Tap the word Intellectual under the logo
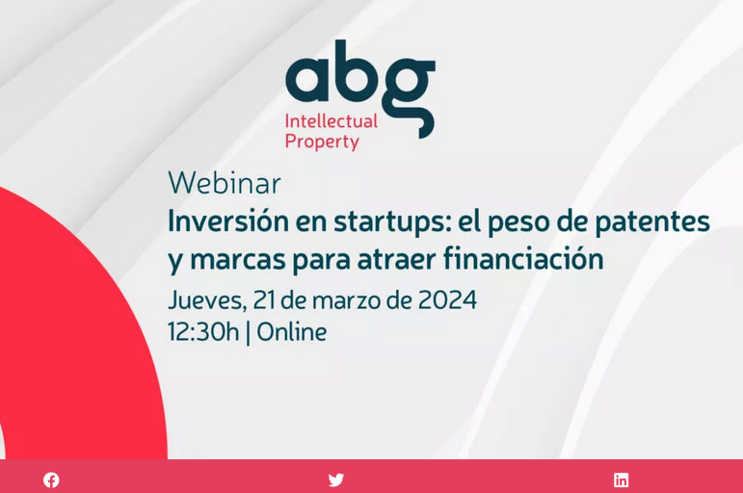click(331, 121)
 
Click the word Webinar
click(225, 183)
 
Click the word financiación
click(523, 259)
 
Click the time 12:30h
click(202, 332)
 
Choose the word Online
click(291, 332)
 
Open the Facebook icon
click(51, 480)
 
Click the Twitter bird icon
click(335, 480)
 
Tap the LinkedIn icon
click(622, 480)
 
